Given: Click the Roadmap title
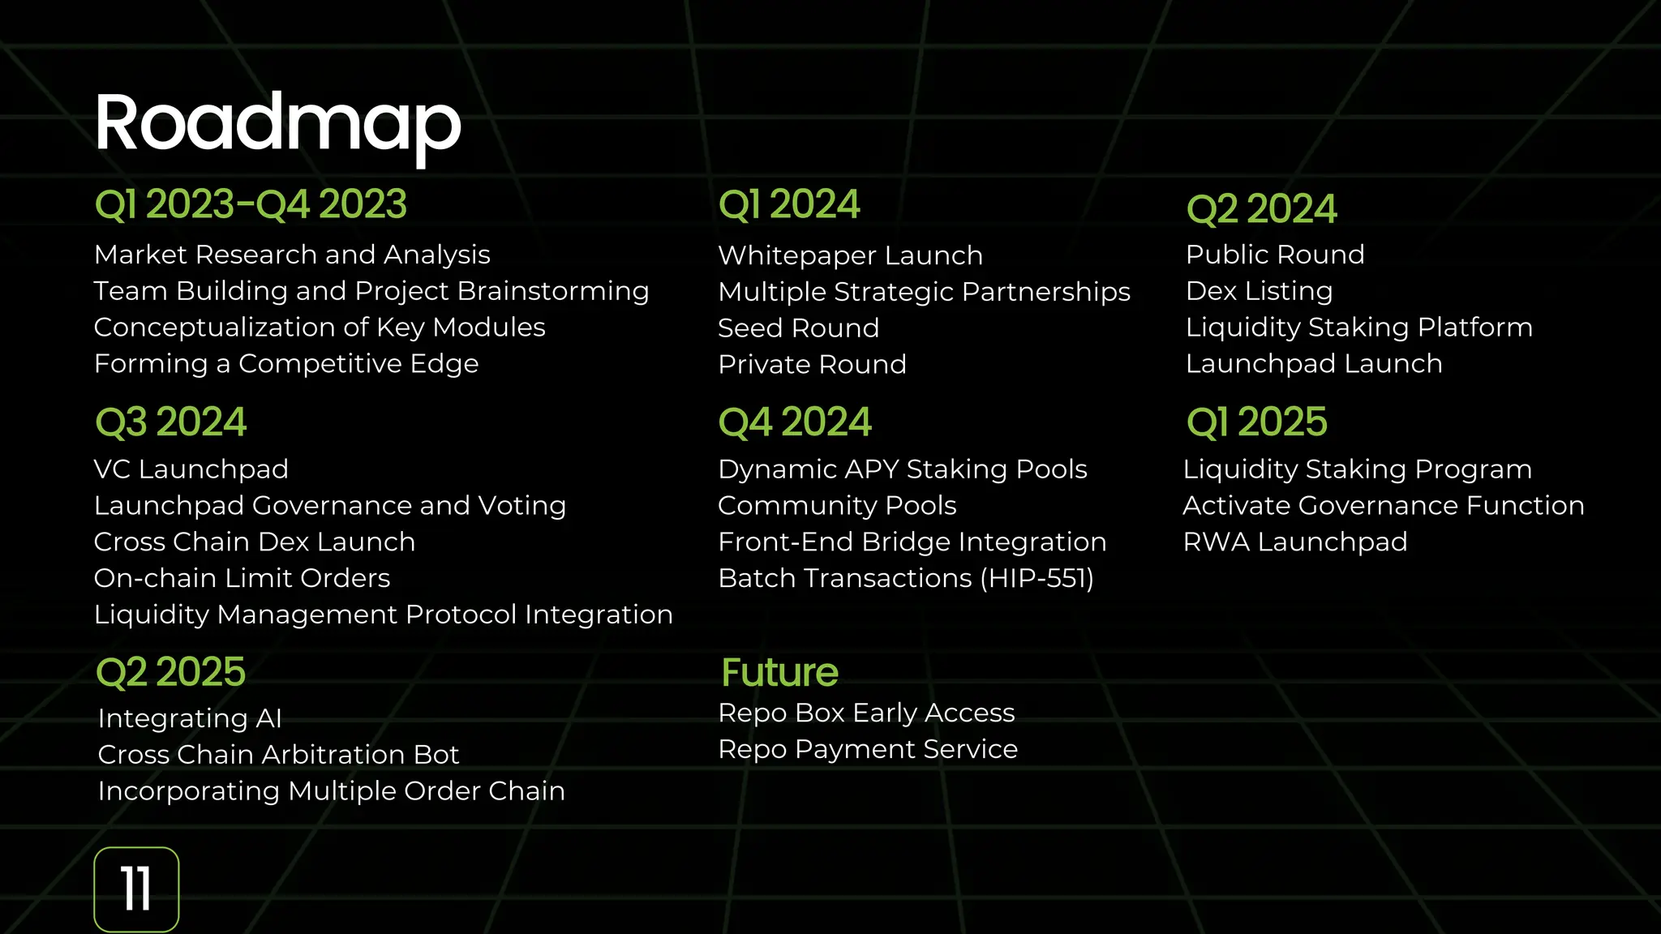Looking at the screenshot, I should coord(277,123).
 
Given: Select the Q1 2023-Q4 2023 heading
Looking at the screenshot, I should coord(251,204).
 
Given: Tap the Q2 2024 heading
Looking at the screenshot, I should coord(1260,209).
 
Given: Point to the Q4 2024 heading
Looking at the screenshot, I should coord(794,422).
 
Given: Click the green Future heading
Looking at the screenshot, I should coord(779,672).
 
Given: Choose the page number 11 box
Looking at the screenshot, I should coord(136,889).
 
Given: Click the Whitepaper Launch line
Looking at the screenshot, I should coord(850,255).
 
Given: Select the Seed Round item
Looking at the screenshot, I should coord(798,328).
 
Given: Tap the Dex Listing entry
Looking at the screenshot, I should coord(1259,291).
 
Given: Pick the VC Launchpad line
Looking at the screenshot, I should coord(191,469).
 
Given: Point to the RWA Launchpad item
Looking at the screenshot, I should coord(1294,542).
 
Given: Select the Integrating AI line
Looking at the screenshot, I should coord(190,718).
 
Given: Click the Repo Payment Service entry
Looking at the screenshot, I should coord(867,749).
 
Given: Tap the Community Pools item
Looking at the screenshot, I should coord(836,506).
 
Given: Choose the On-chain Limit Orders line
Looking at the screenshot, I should coord(242,578).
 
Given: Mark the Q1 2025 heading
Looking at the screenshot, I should coord(1256,422).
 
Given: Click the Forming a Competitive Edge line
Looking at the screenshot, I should coord(285,364).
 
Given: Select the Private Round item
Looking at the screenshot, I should coord(812,365).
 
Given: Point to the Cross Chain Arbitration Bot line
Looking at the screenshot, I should coord(278,755).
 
